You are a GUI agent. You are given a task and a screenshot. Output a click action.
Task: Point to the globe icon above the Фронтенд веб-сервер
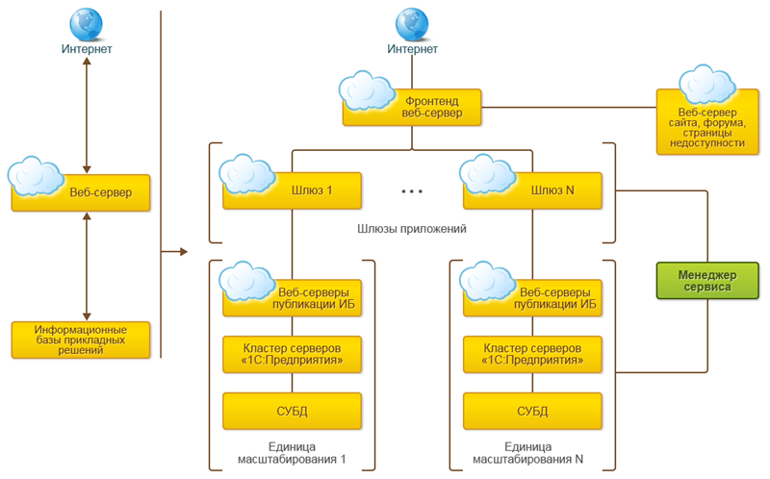tap(411, 22)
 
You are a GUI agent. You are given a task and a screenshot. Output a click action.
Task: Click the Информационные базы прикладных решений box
tap(82, 340)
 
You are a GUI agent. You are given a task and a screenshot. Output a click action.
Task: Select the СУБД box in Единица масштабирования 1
tap(292, 411)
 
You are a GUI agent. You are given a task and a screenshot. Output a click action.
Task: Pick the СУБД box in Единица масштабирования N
tap(532, 411)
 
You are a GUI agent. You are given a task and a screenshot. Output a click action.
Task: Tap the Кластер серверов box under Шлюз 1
tap(292, 353)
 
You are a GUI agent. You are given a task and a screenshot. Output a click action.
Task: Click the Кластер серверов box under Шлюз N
tap(532, 353)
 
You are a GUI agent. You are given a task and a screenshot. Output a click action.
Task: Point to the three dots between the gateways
tap(412, 192)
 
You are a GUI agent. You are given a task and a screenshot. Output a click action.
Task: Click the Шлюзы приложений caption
tap(411, 229)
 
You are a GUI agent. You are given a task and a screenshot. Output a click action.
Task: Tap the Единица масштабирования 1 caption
tap(292, 454)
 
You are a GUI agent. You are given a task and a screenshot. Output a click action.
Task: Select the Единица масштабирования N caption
tap(532, 454)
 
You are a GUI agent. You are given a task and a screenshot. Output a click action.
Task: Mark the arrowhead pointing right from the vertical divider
tap(181, 253)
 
